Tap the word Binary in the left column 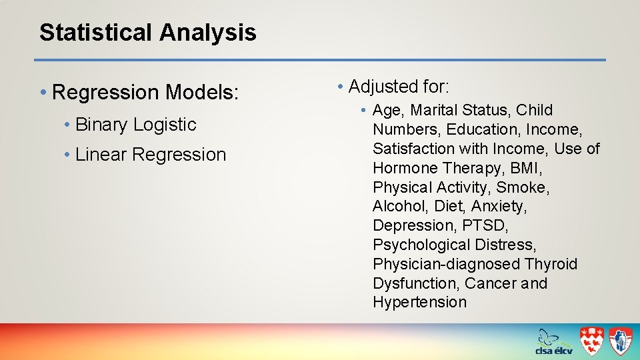(x=102, y=125)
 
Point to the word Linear (x=101, y=155)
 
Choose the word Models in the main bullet (x=201, y=92)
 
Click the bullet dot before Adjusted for (x=340, y=87)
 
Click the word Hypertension (x=419, y=303)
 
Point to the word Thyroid (x=551, y=264)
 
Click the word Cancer (x=490, y=283)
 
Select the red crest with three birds (x=591, y=341)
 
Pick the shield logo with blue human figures (x=620, y=341)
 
